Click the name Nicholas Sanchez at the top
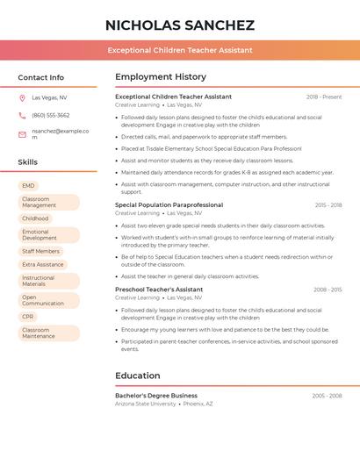179,25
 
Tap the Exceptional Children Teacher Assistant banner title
179,50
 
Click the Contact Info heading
41,77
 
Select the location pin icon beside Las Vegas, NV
22,97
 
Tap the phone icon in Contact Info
22,115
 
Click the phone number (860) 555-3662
51,115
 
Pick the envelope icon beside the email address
22,134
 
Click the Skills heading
28,162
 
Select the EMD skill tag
29,186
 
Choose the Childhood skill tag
36,218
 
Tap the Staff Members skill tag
41,251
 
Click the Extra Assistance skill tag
43,264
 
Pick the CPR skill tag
29,317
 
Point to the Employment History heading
161,77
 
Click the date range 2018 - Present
324,97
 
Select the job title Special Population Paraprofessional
169,204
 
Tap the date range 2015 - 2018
328,204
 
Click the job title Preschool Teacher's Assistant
159,290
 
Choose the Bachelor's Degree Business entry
156,396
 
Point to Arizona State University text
145,404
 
